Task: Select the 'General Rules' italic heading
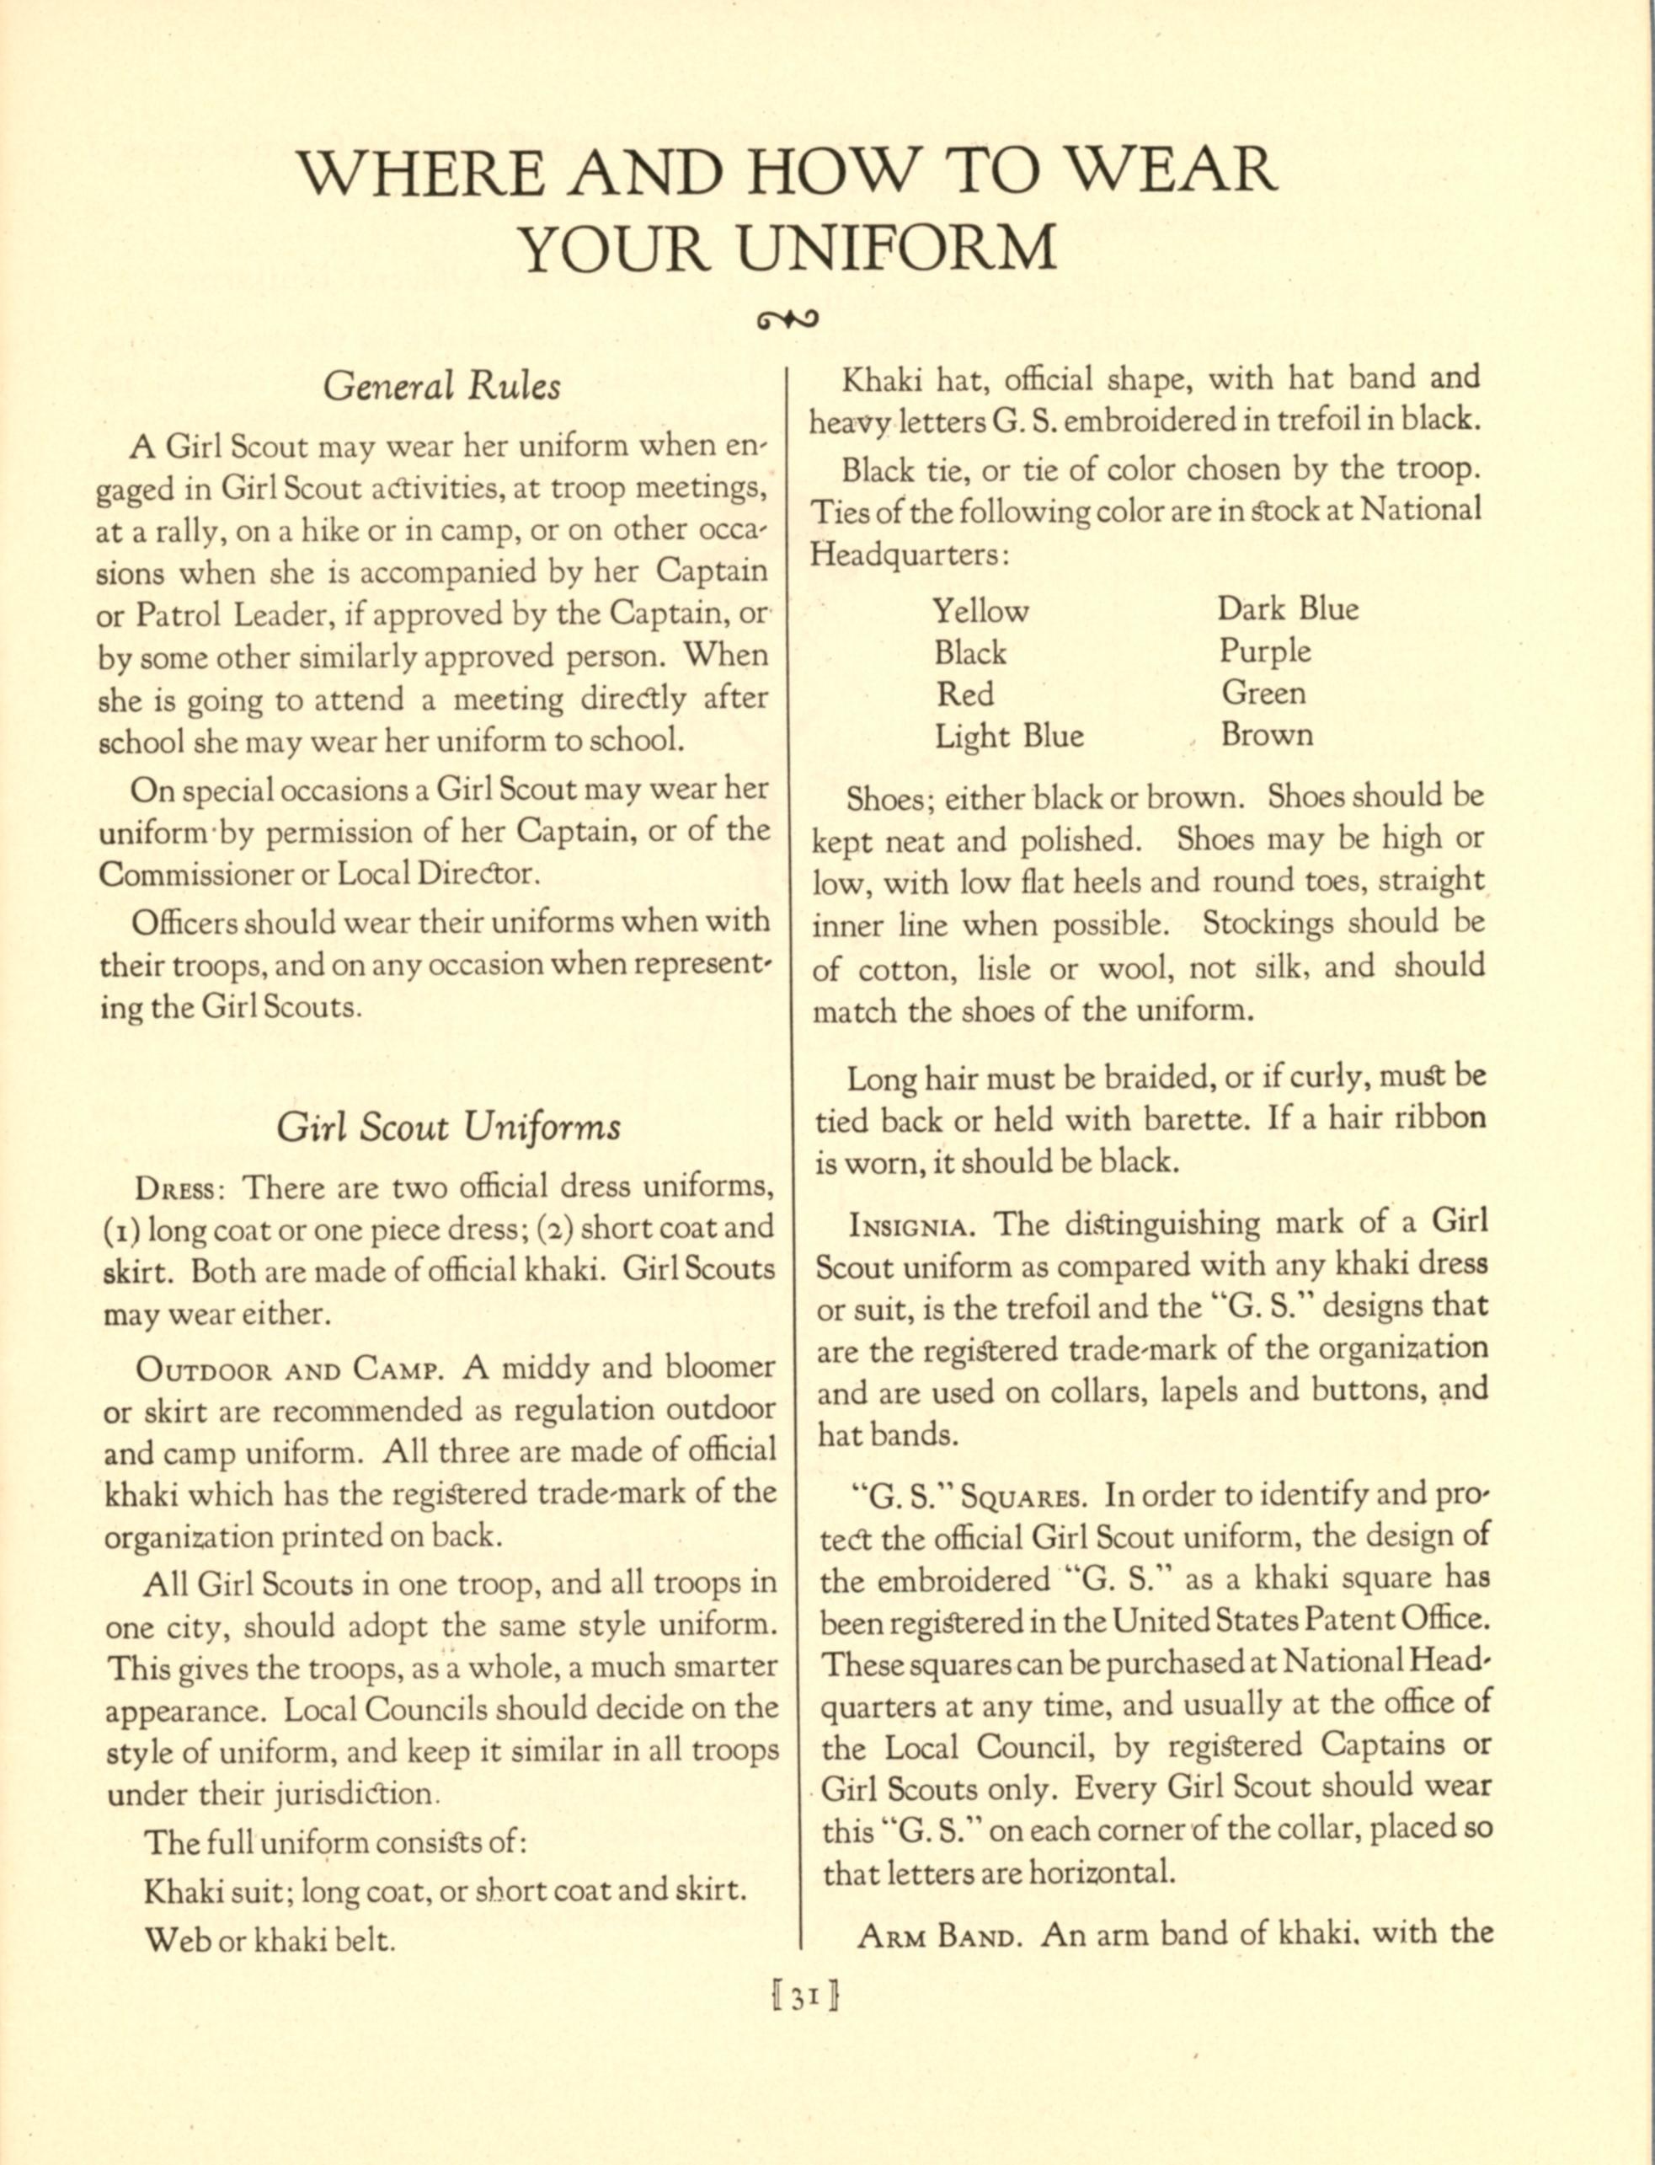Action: (x=441, y=385)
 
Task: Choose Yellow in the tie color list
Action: (x=980, y=611)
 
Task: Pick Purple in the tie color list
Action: (x=1265, y=651)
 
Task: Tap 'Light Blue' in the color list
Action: (x=1009, y=736)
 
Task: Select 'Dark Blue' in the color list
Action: (x=1288, y=609)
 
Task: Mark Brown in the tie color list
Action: (x=1267, y=735)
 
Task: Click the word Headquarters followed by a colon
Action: (x=908, y=555)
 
